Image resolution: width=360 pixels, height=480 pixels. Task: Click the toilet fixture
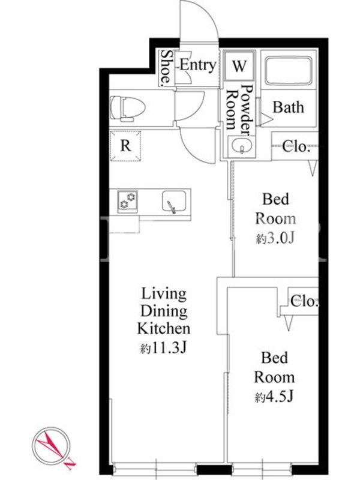127,109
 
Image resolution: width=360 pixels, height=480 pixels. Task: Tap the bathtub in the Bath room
289,70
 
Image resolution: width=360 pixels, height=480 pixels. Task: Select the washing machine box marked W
239,65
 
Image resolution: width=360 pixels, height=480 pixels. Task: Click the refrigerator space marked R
125,146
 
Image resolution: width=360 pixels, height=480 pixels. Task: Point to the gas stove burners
127,200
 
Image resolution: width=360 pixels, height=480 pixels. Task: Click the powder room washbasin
242,146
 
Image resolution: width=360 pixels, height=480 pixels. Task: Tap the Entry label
198,65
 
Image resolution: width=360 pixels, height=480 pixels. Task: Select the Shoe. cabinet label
166,68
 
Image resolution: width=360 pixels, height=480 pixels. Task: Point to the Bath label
289,107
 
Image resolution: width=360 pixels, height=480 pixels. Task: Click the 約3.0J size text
275,238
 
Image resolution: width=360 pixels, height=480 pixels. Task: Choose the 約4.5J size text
274,397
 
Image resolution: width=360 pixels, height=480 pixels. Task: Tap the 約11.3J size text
163,348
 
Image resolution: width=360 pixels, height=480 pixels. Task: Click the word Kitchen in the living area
164,329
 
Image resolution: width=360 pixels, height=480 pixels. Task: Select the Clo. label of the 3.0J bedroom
296,146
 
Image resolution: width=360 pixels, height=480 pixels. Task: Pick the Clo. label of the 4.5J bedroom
304,301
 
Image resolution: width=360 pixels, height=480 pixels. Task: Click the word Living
164,294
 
